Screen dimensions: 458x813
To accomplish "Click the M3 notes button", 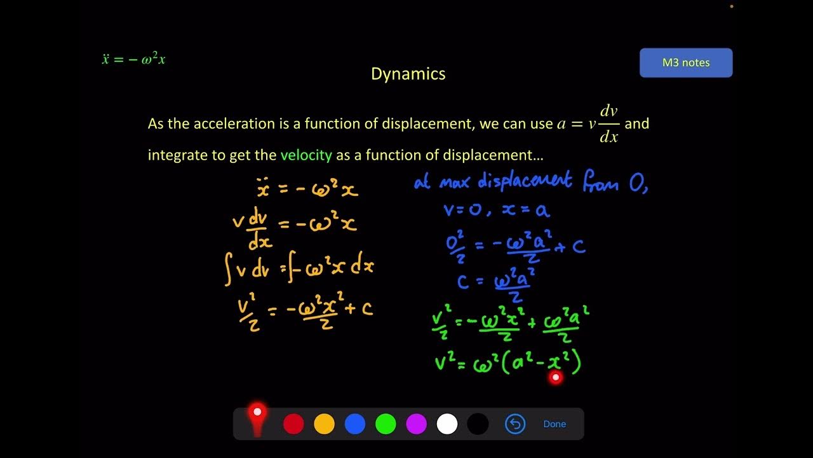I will coord(686,62).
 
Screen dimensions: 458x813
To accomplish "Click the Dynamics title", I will coord(408,74).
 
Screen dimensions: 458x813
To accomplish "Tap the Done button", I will coord(554,424).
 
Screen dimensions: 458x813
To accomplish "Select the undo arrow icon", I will coord(515,424).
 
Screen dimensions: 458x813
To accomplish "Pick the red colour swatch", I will coord(293,424).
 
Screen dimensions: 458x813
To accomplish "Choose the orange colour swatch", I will coord(324,424).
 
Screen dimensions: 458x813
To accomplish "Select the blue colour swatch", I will coord(355,424).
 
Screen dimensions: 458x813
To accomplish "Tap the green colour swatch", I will coord(386,424).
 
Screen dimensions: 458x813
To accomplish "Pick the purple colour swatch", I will coord(416,424).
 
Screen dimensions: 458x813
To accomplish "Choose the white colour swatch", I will coord(447,424).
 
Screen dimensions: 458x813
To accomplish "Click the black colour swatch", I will coord(478,424).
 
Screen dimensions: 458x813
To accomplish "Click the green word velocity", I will coord(306,155).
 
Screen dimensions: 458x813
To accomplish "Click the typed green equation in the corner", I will coord(133,59).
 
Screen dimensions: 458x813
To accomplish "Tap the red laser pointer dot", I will coord(556,378).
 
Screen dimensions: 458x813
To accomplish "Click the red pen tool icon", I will coord(257,419).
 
